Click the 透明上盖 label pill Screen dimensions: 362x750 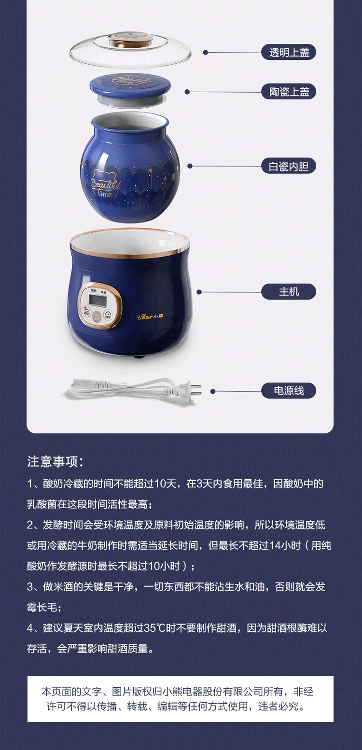[289, 52]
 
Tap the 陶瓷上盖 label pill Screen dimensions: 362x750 [289, 91]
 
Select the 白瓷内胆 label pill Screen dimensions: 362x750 [289, 166]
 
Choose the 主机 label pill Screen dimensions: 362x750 [289, 292]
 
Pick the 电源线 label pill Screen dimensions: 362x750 [289, 391]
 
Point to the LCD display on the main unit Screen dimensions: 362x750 [98, 300]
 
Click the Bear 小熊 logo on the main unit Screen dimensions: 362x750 [151, 317]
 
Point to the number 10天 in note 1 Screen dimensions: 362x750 [166, 484]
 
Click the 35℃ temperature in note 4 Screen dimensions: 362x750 [154, 628]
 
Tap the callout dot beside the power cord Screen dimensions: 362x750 [213, 391]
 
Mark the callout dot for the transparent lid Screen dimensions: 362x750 [206, 52]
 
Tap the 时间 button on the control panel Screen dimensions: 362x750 [108, 315]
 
